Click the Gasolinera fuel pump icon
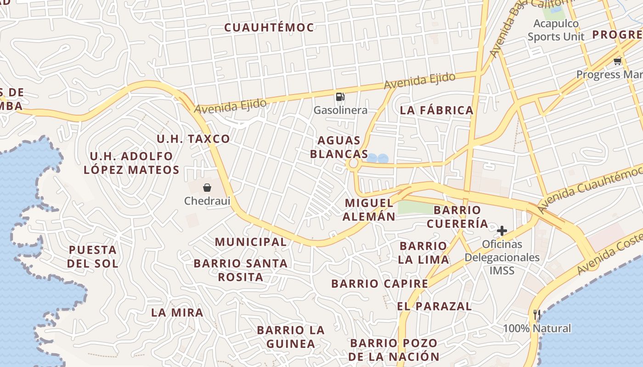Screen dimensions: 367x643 340,96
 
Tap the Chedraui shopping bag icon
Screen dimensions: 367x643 207,187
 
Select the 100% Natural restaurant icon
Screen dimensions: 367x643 536,315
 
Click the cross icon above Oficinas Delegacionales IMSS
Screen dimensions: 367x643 502,230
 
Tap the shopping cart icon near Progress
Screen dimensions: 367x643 617,61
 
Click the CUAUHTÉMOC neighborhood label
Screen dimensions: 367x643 269,28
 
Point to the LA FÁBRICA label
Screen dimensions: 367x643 436,110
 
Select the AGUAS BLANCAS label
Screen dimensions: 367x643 339,147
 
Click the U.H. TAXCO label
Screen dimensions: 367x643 193,139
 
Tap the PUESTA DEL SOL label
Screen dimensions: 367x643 93,256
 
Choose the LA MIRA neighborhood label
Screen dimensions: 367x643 177,312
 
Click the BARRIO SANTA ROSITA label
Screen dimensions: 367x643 241,270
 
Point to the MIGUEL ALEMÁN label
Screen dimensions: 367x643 369,210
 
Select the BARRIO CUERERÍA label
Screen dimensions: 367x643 457,217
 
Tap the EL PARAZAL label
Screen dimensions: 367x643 434,306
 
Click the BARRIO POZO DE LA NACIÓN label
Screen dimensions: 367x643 394,350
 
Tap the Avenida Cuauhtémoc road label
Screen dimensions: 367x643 590,189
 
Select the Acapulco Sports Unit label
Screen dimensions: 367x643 556,30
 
